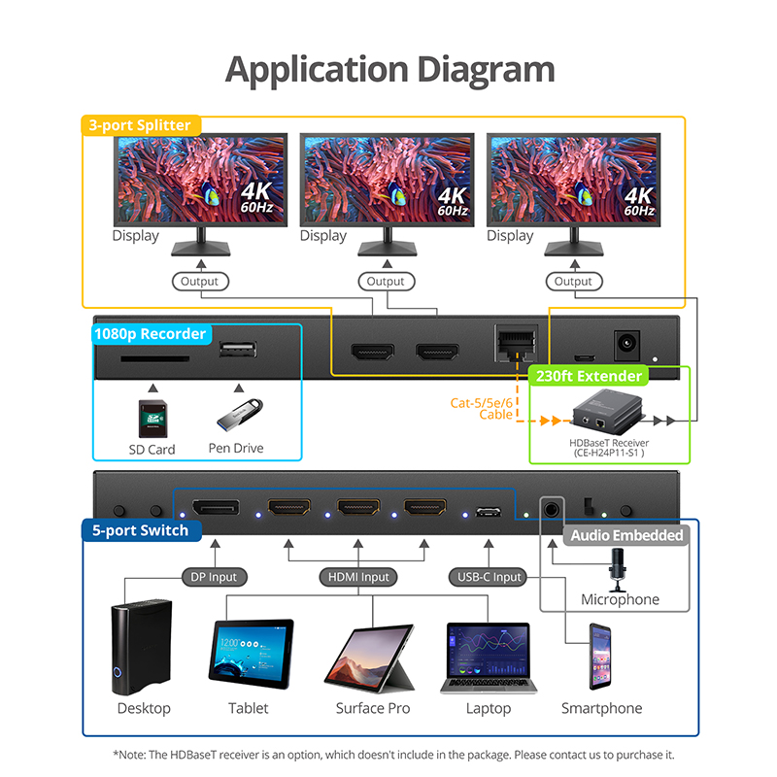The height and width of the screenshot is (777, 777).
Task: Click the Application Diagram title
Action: click(x=389, y=69)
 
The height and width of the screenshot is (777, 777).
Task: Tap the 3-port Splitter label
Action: click(x=140, y=125)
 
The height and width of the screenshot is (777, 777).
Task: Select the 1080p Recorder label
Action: click(x=150, y=334)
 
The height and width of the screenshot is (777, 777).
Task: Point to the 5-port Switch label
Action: click(x=141, y=531)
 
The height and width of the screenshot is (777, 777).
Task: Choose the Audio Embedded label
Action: click(x=626, y=535)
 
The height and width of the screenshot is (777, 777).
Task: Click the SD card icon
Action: click(x=152, y=417)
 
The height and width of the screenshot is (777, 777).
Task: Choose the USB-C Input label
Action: click(x=490, y=577)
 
